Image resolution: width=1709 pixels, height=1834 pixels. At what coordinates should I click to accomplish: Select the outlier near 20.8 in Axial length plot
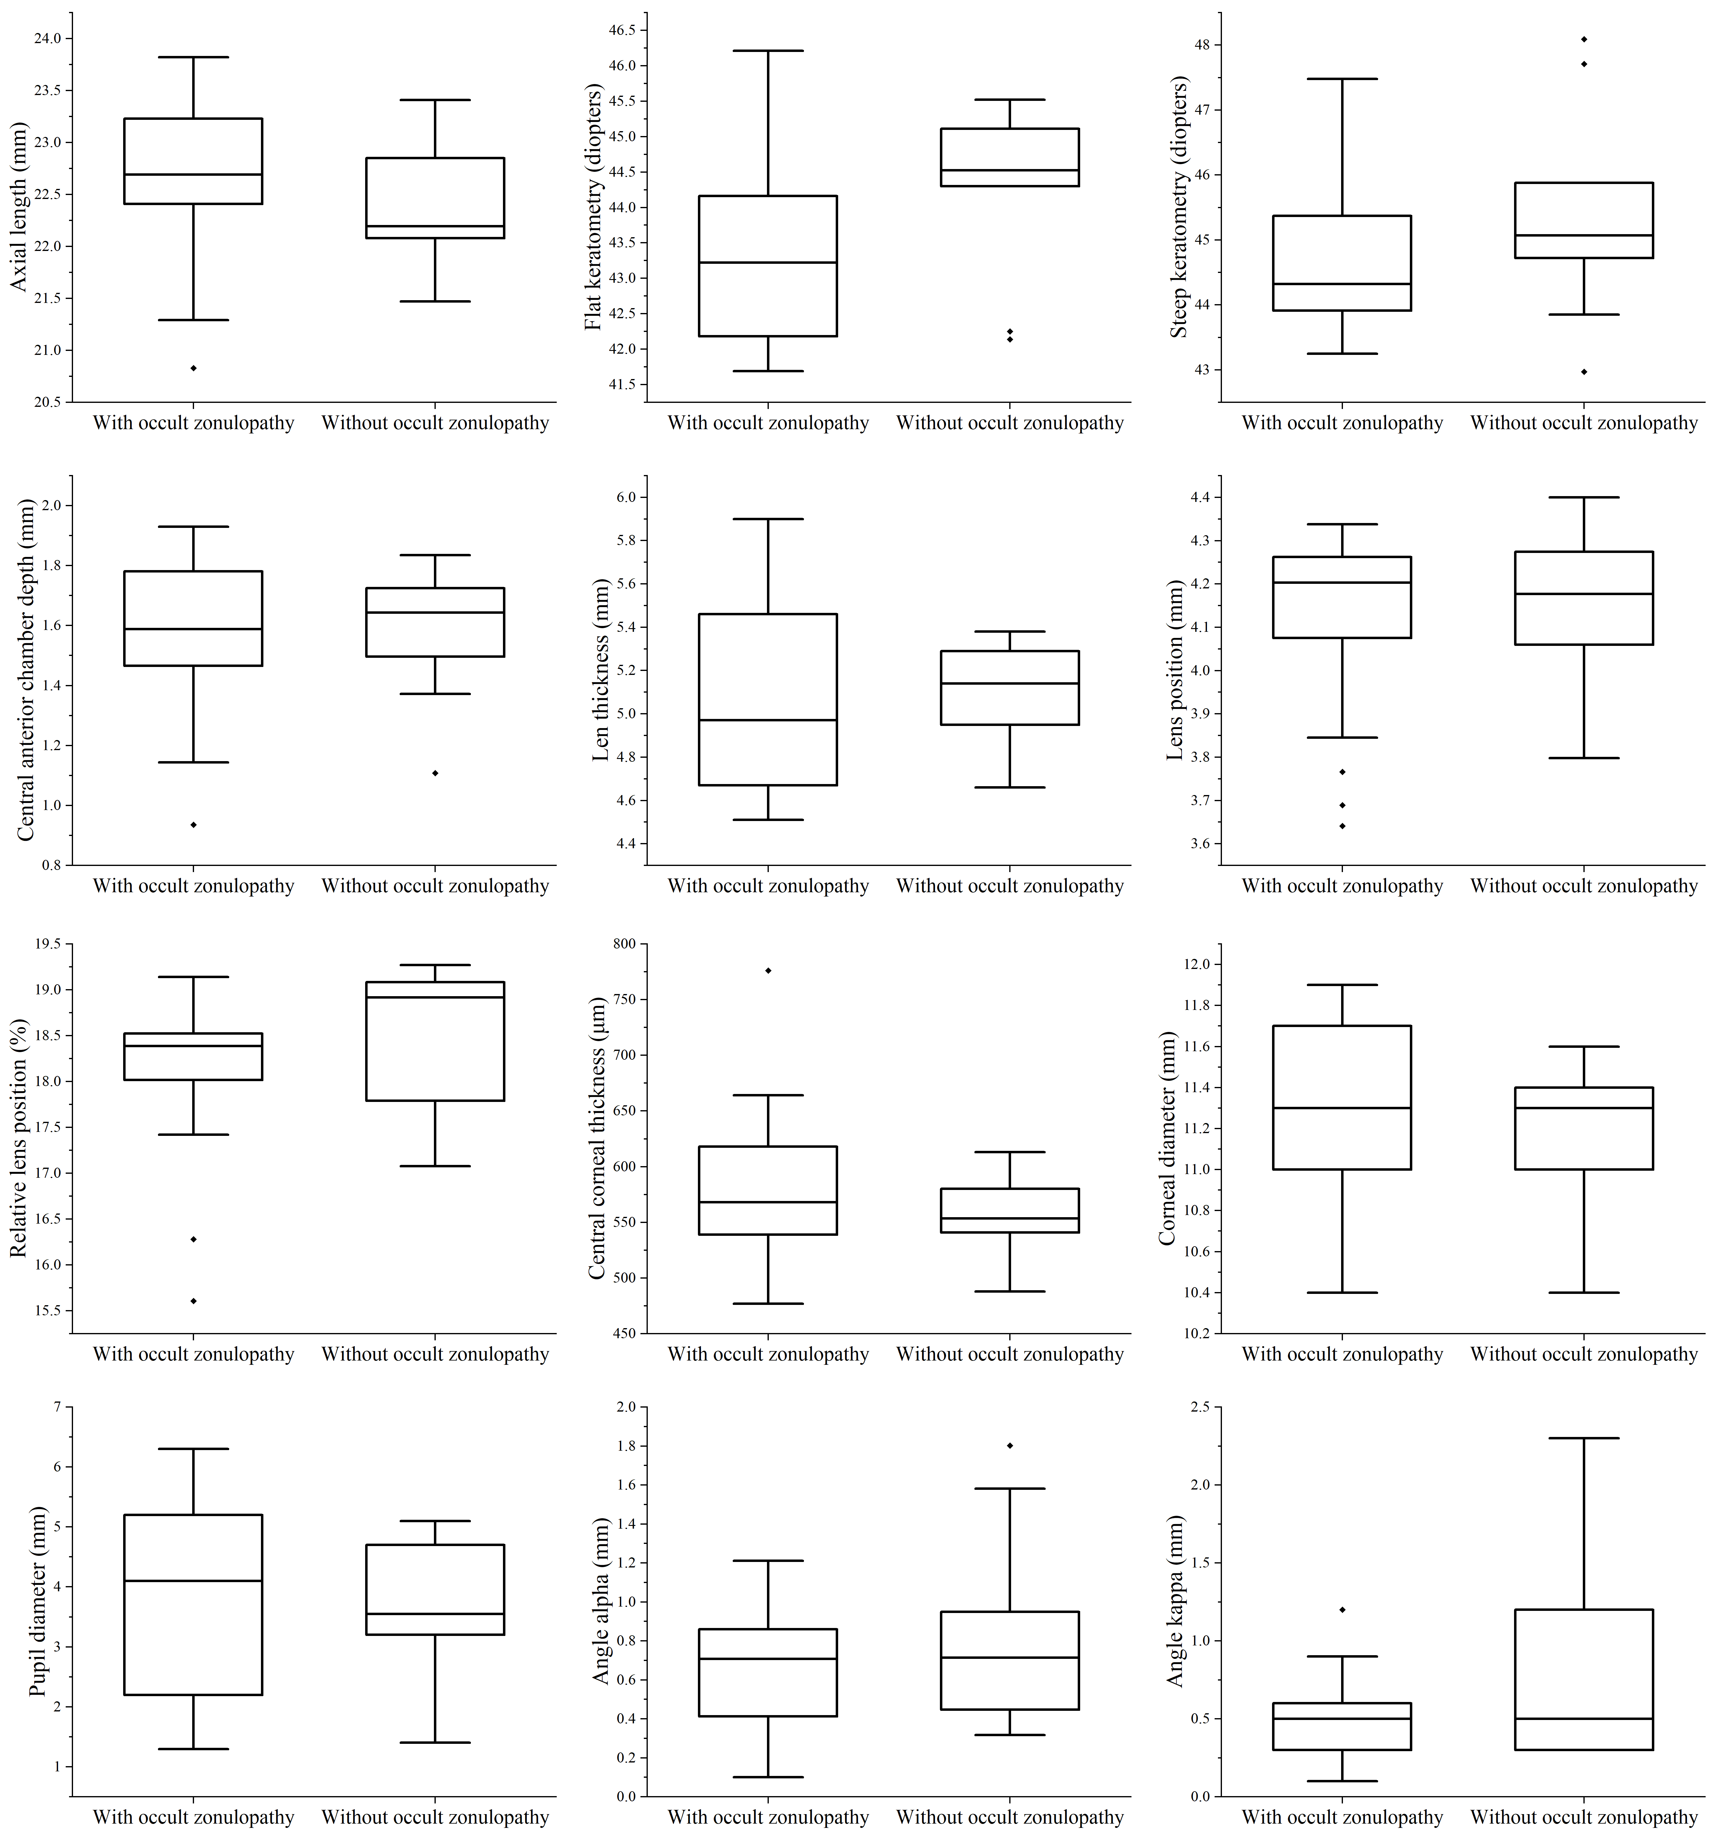[194, 368]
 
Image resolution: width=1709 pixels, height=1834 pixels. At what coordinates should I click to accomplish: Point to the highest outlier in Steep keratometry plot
[1584, 39]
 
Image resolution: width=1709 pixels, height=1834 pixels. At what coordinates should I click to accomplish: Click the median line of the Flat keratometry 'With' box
[767, 263]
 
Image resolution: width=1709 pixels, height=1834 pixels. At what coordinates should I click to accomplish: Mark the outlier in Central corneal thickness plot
[767, 970]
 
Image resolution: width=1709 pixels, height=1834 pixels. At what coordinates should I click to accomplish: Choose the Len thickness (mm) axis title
[600, 670]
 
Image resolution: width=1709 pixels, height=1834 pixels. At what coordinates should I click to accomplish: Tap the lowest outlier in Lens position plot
[1342, 826]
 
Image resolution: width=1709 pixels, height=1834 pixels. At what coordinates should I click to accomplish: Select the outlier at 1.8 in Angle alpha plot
[1010, 1445]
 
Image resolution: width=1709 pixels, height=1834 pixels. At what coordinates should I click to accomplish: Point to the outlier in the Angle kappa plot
[1342, 1610]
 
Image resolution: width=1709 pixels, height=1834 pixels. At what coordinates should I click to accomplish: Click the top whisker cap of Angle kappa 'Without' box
[1584, 1438]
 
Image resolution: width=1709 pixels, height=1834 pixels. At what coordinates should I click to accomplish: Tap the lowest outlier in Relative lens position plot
[194, 1301]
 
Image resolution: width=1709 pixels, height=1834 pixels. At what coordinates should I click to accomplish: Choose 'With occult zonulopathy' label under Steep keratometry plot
[1342, 423]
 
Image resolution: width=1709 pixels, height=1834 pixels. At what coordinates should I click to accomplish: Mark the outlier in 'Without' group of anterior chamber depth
[435, 773]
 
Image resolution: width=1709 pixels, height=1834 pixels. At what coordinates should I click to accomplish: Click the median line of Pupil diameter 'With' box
[194, 1581]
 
